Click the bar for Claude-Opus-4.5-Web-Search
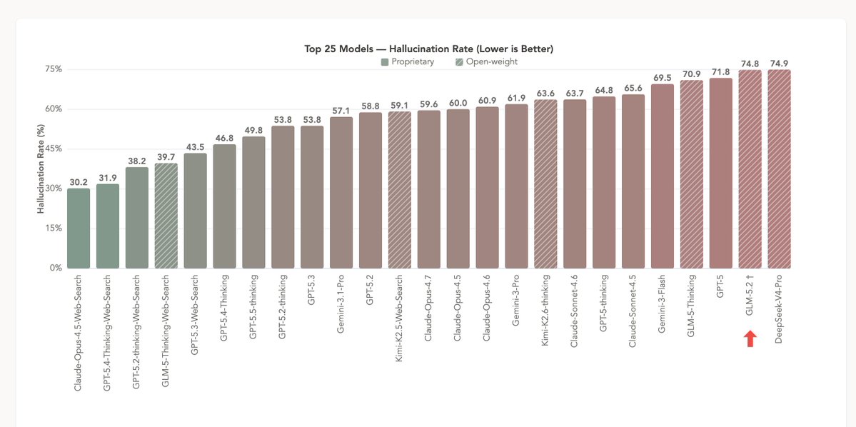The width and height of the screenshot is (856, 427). [x=79, y=228]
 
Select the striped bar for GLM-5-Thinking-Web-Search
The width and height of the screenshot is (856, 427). [x=166, y=216]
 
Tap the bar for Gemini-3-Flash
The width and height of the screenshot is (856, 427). [x=663, y=176]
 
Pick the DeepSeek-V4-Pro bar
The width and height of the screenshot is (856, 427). [x=779, y=169]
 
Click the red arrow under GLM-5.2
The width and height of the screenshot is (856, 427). [x=750, y=339]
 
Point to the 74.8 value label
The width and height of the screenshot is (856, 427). [x=750, y=64]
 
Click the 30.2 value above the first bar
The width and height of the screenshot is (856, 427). [x=79, y=182]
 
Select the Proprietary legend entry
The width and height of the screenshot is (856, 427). [x=407, y=61]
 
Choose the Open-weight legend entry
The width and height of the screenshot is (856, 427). [x=486, y=61]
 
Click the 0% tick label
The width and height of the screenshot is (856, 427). [x=56, y=268]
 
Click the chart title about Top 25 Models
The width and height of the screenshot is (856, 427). [x=428, y=49]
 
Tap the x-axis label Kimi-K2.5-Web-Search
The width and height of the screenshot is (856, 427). [x=399, y=313]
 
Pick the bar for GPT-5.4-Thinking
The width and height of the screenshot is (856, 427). [x=224, y=206]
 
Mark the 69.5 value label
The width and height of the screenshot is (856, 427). [x=663, y=78]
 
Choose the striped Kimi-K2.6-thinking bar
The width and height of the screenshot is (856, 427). [x=545, y=184]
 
